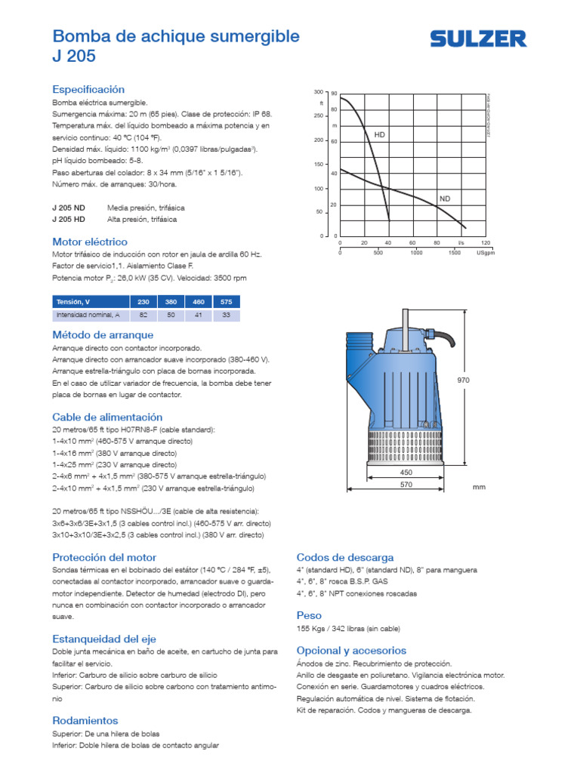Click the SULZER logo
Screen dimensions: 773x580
478,39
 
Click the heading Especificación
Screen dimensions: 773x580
88,89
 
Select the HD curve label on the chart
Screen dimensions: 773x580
380,134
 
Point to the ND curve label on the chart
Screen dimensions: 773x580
444,199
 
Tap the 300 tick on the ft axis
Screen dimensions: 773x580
318,92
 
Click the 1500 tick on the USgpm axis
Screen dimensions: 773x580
454,253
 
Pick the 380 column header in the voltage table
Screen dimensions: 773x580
171,302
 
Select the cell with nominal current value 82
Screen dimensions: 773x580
143,315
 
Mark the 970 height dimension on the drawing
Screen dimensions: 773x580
463,380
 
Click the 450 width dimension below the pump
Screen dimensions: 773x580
406,473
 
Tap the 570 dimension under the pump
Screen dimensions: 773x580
406,485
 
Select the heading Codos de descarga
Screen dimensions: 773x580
345,557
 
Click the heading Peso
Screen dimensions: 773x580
309,615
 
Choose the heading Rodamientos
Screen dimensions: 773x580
85,720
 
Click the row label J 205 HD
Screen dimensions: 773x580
69,219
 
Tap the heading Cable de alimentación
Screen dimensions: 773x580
107,417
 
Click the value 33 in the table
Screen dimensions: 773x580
225,315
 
